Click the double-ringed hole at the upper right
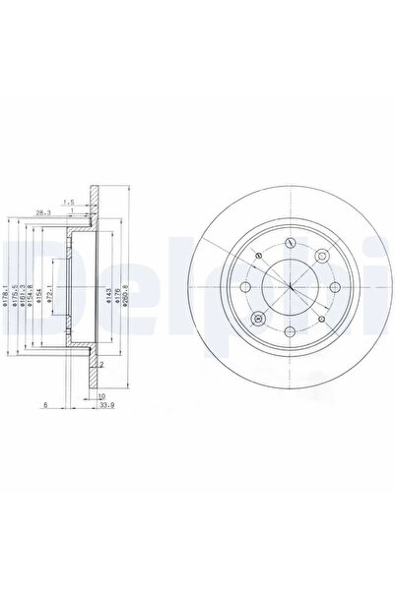tap(322, 255)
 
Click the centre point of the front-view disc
tap(292, 287)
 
